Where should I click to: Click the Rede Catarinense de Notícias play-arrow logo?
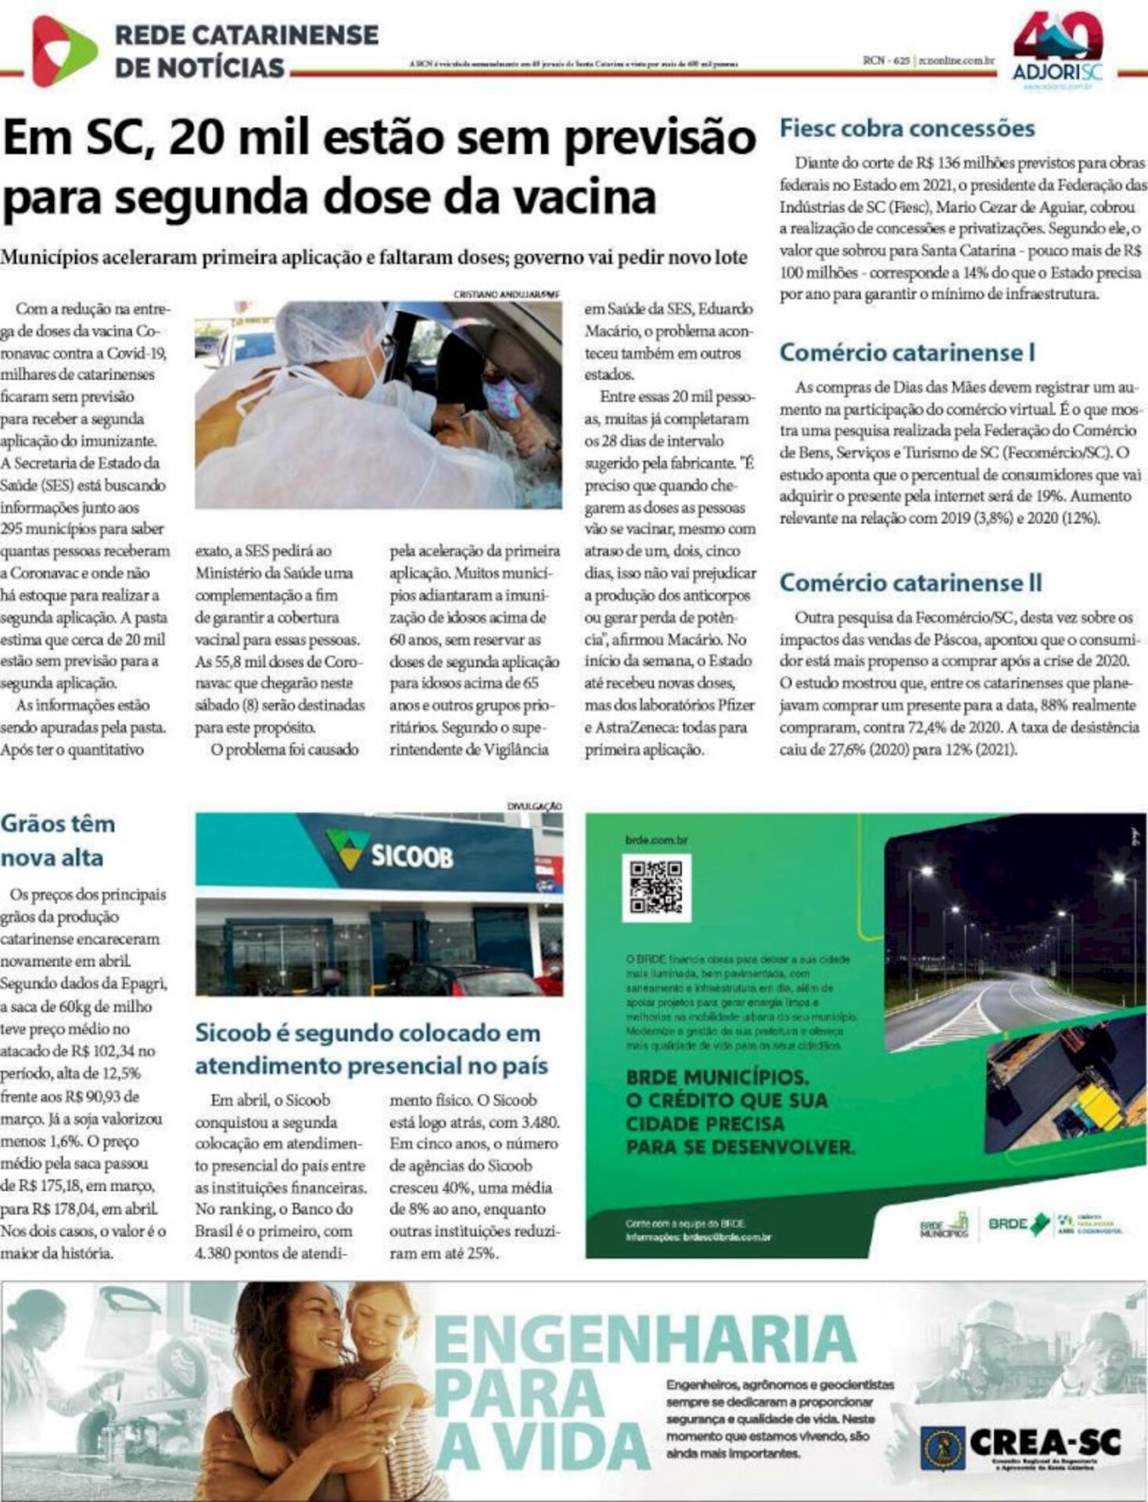click(63, 51)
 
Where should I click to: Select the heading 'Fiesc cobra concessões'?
click(907, 128)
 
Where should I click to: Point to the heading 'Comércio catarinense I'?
click(907, 353)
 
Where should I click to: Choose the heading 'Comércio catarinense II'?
click(910, 583)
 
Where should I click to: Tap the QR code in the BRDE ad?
click(656, 886)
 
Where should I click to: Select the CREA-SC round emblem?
click(942, 1443)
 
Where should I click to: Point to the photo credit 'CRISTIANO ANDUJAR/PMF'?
click(507, 294)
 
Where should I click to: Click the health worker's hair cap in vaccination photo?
click(329, 329)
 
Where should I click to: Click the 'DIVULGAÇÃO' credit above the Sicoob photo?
click(534, 806)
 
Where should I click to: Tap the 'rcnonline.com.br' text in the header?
click(956, 60)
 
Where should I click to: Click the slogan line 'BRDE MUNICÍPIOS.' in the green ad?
click(717, 1077)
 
